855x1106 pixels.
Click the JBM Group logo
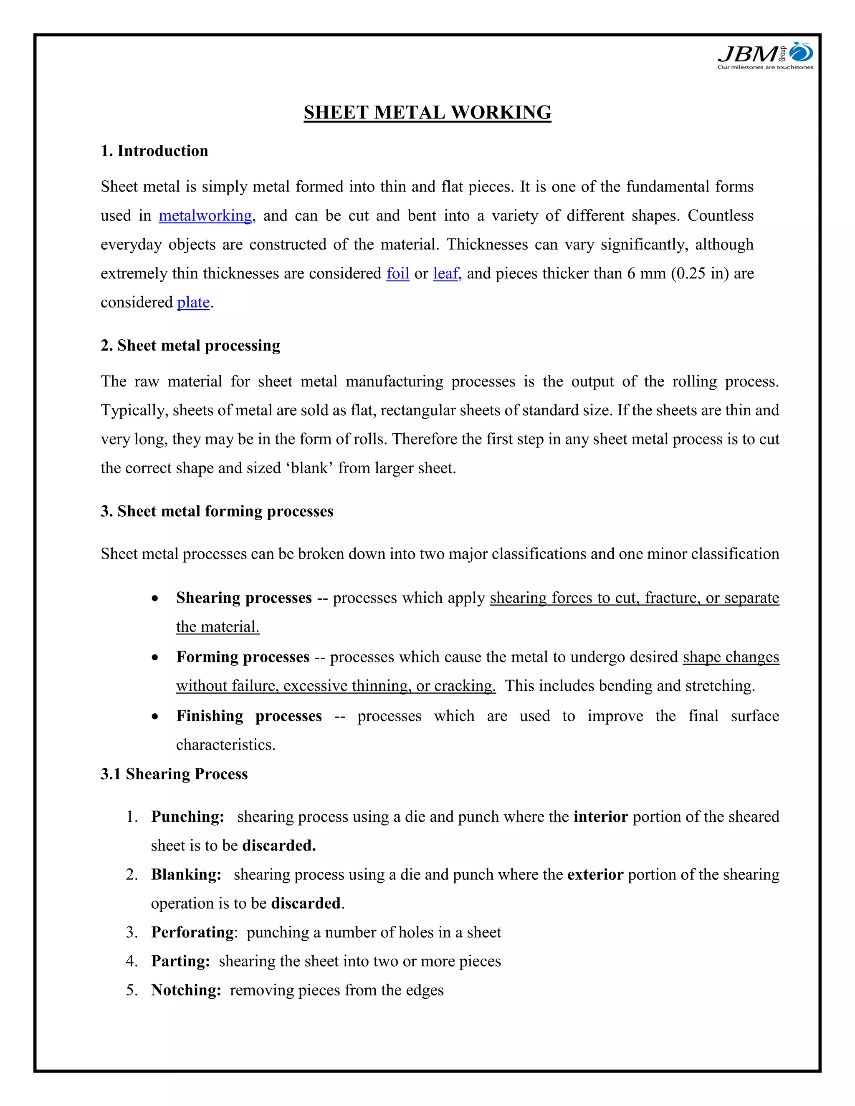point(765,56)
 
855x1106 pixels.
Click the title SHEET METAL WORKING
point(427,112)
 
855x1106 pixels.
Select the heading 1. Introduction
point(154,151)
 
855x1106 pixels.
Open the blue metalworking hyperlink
point(205,216)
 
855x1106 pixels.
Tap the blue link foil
point(397,273)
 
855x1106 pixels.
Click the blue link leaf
point(445,273)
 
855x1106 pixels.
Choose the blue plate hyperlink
point(193,302)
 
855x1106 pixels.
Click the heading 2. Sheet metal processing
point(190,346)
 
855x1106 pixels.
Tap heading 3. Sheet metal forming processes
point(217,512)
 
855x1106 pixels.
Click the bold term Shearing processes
point(244,598)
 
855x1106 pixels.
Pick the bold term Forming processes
point(243,657)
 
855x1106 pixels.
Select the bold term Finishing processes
point(249,716)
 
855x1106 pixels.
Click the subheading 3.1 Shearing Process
point(174,774)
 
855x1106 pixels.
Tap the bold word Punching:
point(187,817)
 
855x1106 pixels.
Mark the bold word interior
point(600,817)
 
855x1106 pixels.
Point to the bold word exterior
point(594,874)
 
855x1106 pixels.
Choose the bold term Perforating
point(192,932)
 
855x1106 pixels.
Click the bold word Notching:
point(186,990)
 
